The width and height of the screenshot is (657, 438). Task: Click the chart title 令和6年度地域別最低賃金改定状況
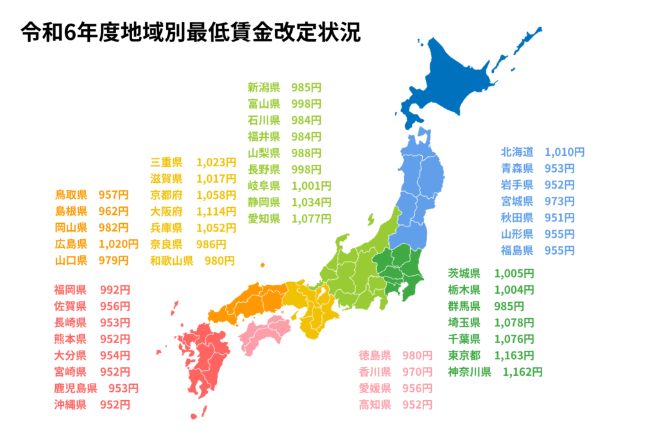(x=191, y=32)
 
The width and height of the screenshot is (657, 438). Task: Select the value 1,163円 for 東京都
(x=514, y=355)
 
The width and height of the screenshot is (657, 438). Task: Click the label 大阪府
(x=166, y=211)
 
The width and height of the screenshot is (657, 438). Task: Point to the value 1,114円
(x=216, y=211)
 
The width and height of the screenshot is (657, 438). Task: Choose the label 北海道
(x=517, y=152)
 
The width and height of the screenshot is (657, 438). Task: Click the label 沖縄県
(x=71, y=405)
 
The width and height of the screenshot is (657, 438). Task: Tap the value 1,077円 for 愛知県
(x=311, y=219)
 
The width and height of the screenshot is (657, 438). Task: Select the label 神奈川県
(x=469, y=371)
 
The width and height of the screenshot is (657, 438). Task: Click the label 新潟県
(x=264, y=87)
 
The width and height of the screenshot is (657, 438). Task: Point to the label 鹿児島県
(x=76, y=388)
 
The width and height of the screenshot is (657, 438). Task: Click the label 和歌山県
(x=171, y=261)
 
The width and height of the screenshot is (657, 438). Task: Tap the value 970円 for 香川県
(x=417, y=371)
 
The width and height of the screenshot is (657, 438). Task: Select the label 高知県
(x=375, y=405)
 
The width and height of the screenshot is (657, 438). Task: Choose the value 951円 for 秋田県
(x=559, y=217)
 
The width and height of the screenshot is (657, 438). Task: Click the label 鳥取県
(x=71, y=194)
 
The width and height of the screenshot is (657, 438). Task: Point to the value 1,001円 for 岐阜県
(x=311, y=186)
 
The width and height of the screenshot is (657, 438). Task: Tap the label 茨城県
(x=464, y=273)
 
